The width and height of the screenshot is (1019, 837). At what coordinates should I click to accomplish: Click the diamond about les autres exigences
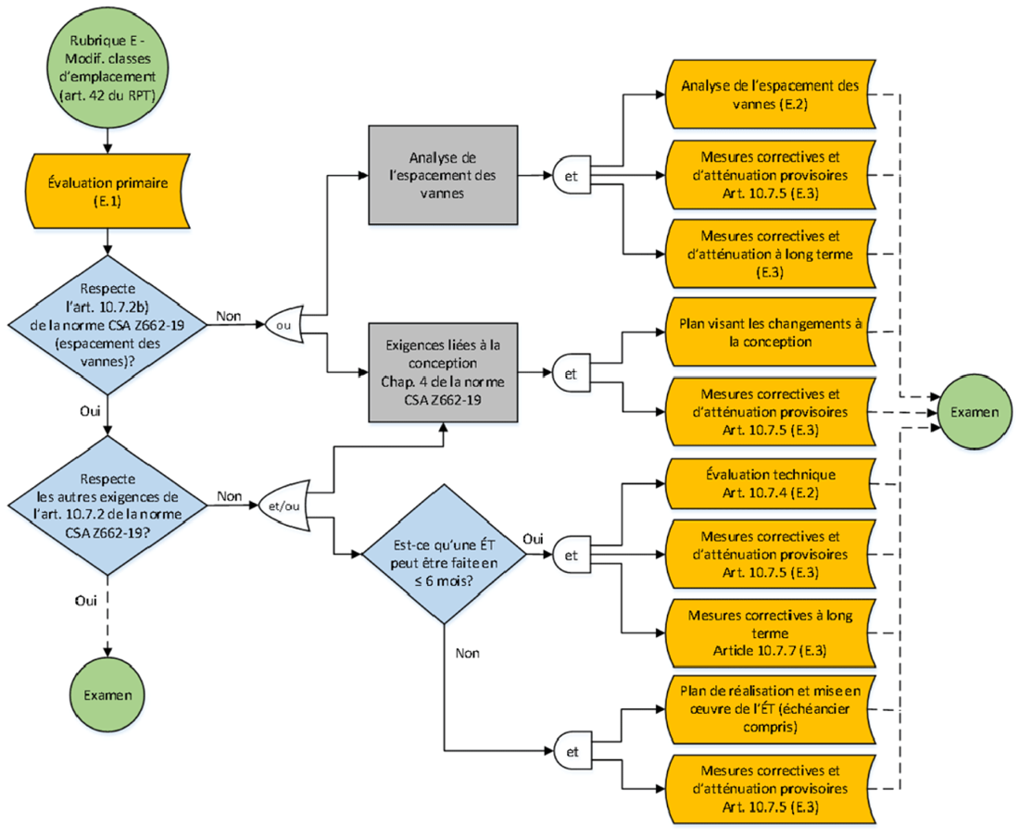(x=109, y=506)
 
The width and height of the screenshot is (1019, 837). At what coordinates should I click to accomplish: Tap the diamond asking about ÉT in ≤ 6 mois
(x=445, y=556)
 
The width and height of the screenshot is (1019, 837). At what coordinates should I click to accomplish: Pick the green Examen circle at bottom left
(x=109, y=693)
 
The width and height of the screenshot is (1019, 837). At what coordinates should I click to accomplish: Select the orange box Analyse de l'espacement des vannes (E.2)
(x=770, y=94)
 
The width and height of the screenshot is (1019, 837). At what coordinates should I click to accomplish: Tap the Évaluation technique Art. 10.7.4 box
(x=770, y=482)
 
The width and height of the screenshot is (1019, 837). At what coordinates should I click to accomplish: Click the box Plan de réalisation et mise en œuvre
(x=770, y=709)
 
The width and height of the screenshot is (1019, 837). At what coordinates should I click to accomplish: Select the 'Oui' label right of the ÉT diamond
(x=535, y=538)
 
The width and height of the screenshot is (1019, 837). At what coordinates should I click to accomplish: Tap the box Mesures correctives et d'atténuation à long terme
(x=770, y=253)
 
